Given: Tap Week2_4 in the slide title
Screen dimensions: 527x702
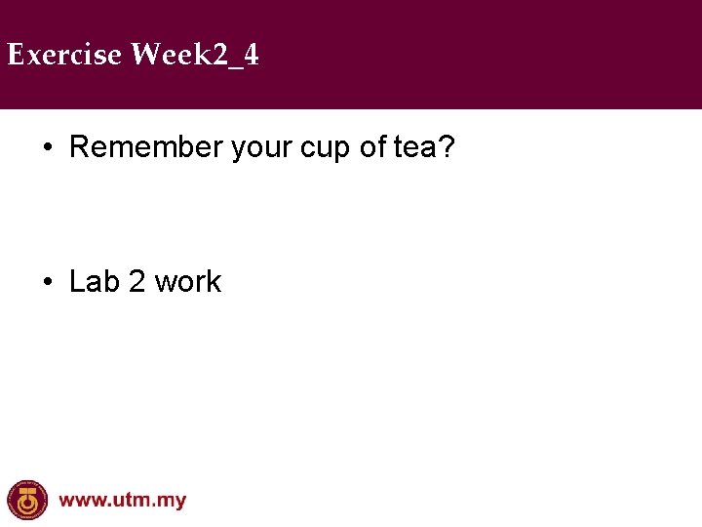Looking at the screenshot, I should point(195,55).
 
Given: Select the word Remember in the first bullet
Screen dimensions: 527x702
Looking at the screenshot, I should point(146,147).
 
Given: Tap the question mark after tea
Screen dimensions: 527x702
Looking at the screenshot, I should point(448,147).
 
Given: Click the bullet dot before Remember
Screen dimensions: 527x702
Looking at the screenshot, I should point(47,148).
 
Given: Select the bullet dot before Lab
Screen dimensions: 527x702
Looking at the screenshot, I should point(47,283).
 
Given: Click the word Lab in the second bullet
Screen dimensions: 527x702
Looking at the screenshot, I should point(94,282).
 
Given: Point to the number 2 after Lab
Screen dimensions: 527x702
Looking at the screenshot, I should point(136,282).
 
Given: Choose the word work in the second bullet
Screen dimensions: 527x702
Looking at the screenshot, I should point(188,282).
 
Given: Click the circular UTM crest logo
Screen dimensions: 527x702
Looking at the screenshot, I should point(26,500).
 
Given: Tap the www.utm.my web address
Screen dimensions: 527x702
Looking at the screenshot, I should point(123,501).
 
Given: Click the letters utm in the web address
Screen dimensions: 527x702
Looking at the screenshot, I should point(135,501).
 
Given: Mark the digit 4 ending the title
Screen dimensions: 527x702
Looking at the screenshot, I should point(252,55).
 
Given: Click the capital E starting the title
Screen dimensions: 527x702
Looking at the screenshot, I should point(15,55).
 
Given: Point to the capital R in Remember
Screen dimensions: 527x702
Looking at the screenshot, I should point(80,147).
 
